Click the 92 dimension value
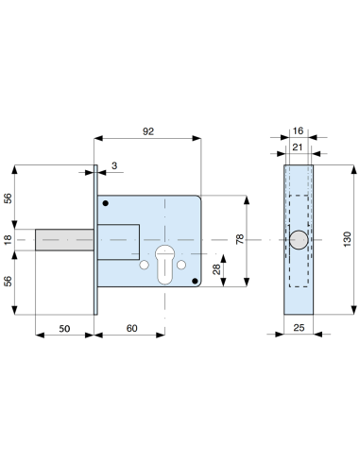(147, 132)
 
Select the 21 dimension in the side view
(298, 147)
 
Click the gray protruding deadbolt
(64, 241)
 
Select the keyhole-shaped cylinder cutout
(163, 262)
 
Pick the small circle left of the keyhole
(144, 267)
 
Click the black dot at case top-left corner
(107, 203)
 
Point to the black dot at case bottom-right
(195, 280)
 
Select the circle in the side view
(298, 241)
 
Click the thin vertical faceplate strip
(95, 241)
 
